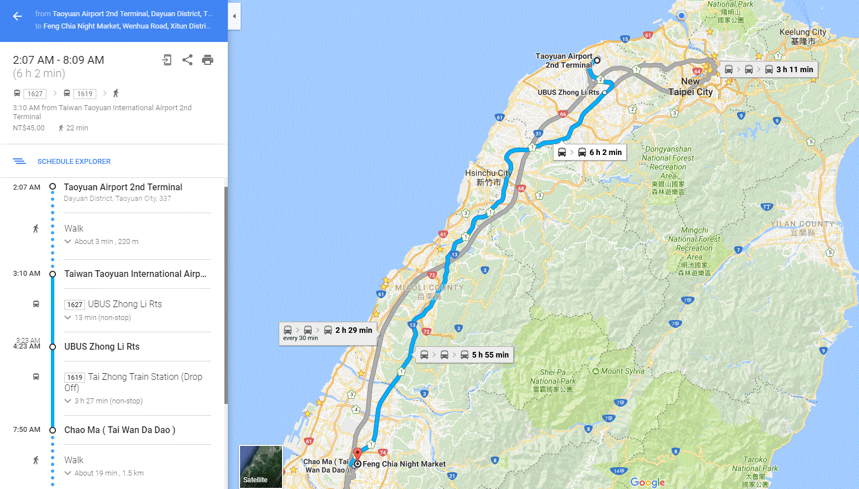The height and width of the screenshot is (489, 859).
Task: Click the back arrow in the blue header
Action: [17, 16]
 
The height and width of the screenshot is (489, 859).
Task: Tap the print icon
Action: [208, 60]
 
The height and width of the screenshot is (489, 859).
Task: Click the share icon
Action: [187, 60]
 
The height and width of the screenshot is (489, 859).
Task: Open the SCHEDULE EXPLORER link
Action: [74, 162]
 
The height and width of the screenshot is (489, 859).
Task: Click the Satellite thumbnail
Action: [261, 466]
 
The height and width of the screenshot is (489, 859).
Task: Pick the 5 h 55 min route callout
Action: [464, 355]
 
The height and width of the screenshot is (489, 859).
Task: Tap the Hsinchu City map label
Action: [488, 177]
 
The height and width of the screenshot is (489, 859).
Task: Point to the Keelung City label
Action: [802, 36]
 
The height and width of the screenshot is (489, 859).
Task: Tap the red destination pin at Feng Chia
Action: [357, 453]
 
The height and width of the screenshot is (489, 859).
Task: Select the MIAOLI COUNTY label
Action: [429, 288]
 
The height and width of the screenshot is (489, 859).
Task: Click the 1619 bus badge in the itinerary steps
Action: [75, 378]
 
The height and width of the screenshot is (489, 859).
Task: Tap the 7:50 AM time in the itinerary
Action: [27, 430]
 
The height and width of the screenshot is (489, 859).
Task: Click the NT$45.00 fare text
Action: [29, 128]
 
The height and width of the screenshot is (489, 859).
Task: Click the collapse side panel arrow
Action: [234, 16]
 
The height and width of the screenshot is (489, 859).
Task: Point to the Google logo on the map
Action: [647, 482]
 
